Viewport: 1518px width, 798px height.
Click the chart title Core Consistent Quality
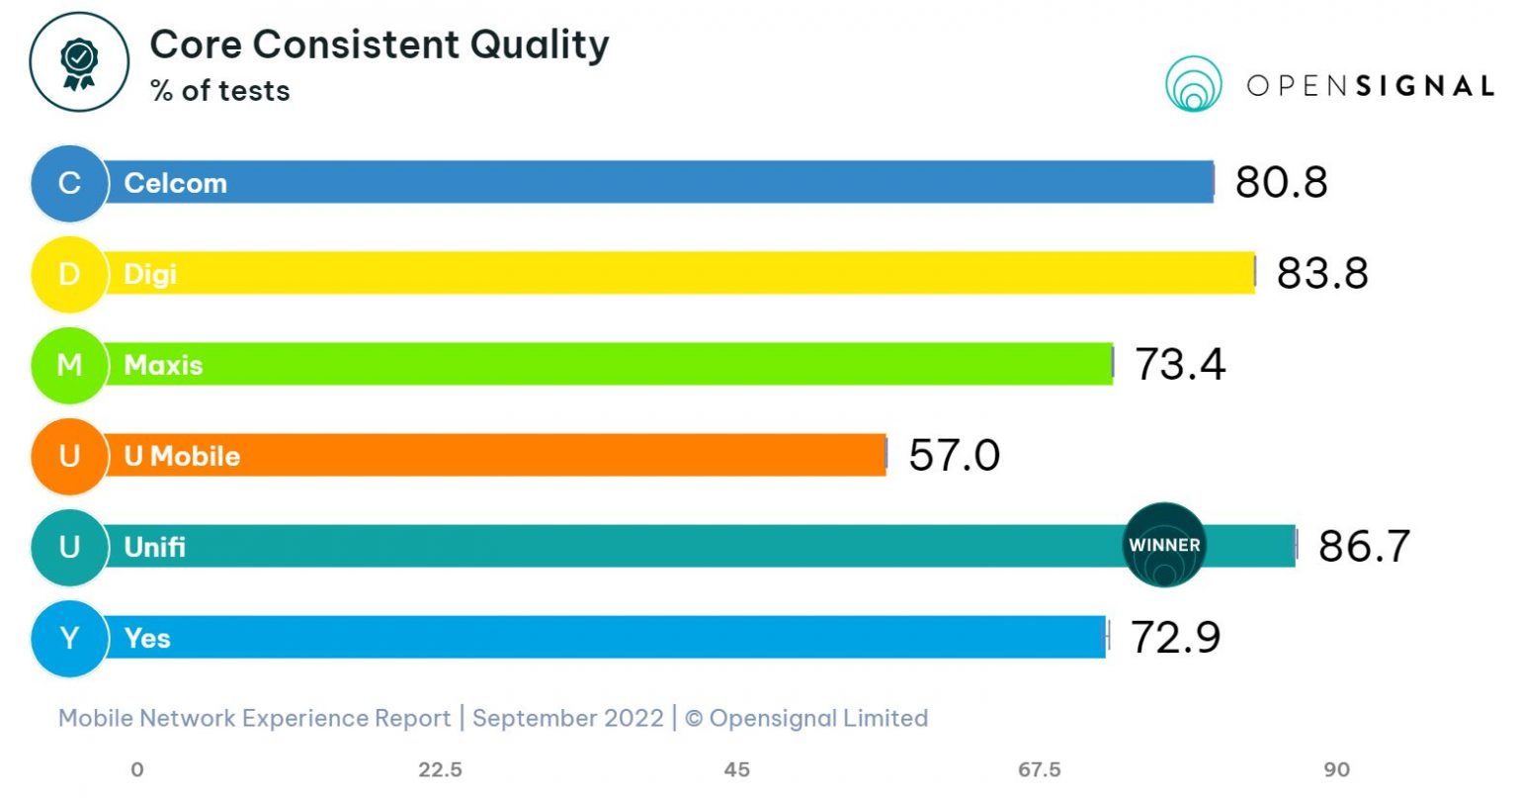pos(379,44)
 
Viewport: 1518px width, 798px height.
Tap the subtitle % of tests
pos(219,91)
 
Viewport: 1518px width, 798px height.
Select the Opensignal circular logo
pos(1193,84)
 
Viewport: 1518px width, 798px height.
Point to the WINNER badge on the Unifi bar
pos(1165,545)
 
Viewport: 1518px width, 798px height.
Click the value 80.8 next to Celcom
pos(1281,182)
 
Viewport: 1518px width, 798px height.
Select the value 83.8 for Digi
pos(1322,273)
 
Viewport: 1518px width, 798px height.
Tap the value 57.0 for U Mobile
pos(954,455)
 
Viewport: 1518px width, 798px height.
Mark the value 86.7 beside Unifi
pos(1364,546)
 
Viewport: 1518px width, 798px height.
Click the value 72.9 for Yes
pos(1175,638)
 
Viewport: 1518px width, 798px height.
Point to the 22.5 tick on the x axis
pos(440,769)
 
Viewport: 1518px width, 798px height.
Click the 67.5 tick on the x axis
pos(1040,769)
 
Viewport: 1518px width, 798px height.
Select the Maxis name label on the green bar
pos(163,365)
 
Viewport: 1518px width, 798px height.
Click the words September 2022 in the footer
pos(567,718)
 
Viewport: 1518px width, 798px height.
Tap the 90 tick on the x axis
pos(1336,769)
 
